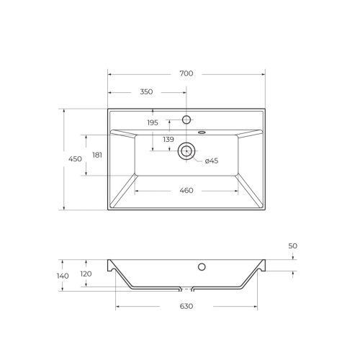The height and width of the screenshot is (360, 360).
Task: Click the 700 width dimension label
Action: tap(186, 73)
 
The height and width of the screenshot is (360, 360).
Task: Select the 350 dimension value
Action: tap(146, 92)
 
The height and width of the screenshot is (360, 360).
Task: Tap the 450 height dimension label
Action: tap(75, 159)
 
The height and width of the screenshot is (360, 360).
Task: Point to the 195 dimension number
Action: tap(153, 123)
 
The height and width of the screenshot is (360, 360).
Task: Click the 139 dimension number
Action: tap(168, 139)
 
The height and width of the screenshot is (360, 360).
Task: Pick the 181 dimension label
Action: tap(97, 155)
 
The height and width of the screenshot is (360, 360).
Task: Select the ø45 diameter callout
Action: tap(212, 161)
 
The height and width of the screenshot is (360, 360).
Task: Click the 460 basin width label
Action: tap(186, 191)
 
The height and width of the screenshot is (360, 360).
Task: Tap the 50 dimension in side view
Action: tap(293, 246)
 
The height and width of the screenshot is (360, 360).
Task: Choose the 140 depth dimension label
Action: tap(63, 276)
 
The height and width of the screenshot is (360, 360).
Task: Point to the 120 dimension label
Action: tap(86, 274)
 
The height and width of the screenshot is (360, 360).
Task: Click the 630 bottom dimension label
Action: tap(186, 307)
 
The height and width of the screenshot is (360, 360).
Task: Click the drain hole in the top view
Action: tap(186, 150)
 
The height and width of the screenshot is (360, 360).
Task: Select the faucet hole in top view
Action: tap(186, 120)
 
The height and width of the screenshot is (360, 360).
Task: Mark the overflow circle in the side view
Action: tap(202, 267)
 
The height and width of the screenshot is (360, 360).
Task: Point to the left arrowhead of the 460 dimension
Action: tap(138, 191)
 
